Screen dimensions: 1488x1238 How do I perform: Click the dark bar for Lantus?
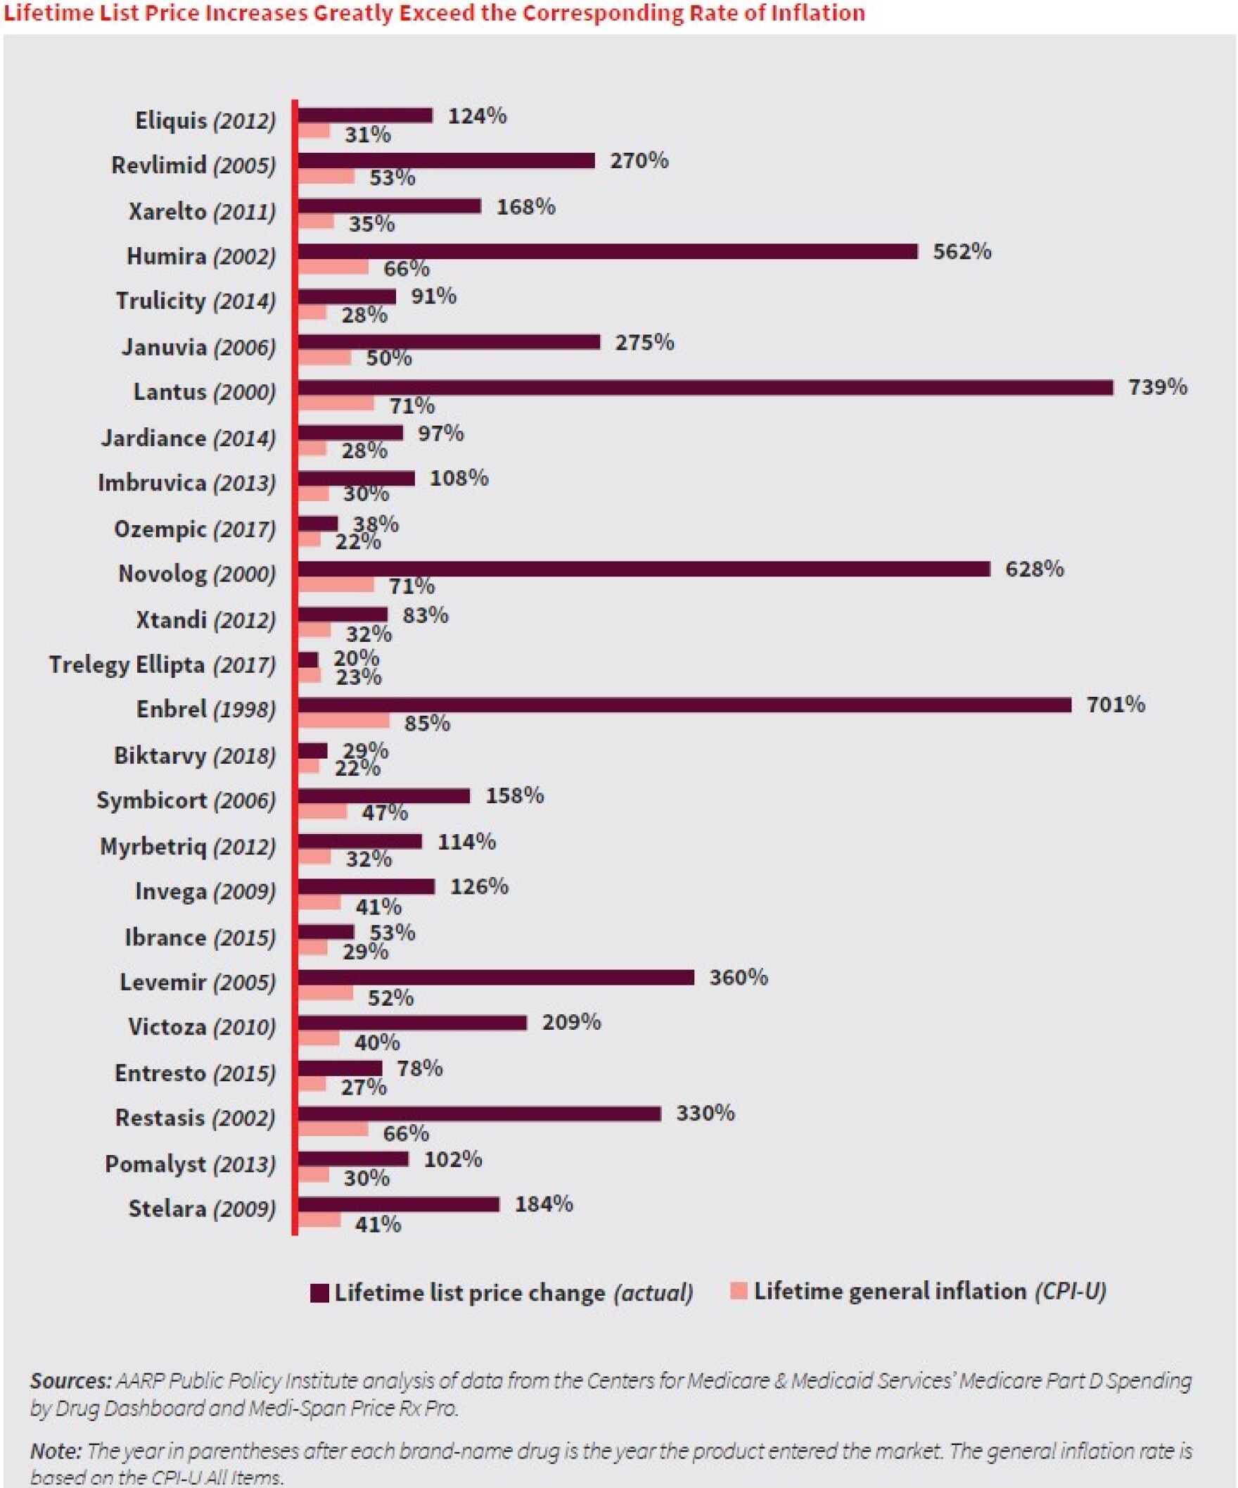point(705,388)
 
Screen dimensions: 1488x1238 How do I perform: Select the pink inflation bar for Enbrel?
point(343,721)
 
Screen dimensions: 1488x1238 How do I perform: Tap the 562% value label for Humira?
point(962,251)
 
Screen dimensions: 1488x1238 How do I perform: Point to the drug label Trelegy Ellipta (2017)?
point(162,664)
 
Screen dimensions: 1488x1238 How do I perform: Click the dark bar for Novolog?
point(643,569)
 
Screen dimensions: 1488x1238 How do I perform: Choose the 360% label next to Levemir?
point(739,977)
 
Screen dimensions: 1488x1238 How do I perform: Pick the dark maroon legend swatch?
point(320,1293)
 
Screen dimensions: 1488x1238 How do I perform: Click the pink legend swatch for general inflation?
point(739,1291)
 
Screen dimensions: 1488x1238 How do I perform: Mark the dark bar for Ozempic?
point(317,524)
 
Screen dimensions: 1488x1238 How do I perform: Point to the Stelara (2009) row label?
point(202,1208)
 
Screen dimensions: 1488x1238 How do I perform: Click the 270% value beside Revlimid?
point(639,161)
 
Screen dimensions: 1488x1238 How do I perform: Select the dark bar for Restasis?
point(479,1113)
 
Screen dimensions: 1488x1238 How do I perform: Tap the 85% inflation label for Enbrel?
point(427,724)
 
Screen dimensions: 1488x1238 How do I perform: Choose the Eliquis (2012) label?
point(205,120)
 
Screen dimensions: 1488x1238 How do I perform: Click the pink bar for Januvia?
point(324,358)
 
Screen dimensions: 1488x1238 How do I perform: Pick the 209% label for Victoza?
point(571,1022)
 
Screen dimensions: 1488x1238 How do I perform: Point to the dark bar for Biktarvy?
point(312,750)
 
